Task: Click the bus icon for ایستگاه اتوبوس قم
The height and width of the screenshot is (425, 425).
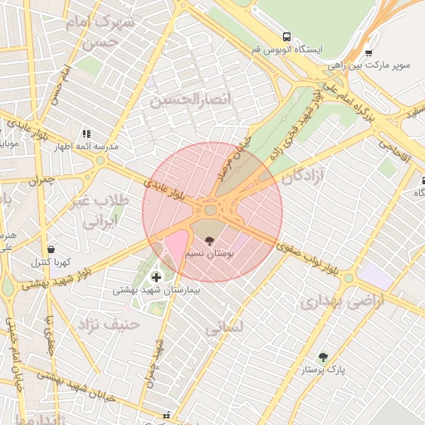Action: [286, 37]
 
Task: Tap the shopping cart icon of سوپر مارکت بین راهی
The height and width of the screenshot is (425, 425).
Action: [369, 51]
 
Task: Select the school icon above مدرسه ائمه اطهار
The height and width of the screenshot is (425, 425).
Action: [85, 133]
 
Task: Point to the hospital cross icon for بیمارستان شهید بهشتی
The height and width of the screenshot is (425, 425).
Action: [155, 276]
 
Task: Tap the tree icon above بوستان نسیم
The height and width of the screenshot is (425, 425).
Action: [208, 239]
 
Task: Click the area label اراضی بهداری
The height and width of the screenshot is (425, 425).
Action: [344, 301]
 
